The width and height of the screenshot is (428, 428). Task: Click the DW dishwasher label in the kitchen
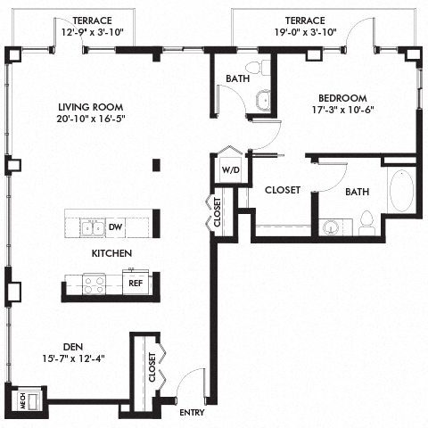point(116,227)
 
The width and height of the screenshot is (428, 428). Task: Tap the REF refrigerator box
point(136,284)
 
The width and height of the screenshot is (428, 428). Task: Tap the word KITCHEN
point(111,254)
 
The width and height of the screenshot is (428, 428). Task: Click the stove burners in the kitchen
point(94,284)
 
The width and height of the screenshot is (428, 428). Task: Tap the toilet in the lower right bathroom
point(366,225)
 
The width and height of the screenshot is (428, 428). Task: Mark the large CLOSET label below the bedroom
point(282,190)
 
